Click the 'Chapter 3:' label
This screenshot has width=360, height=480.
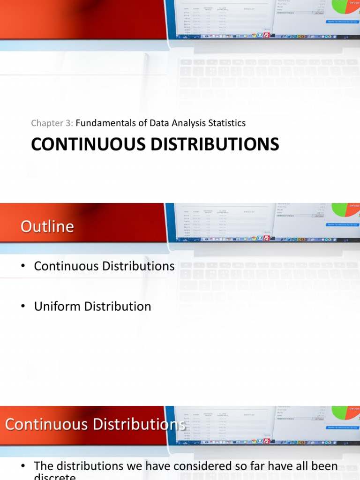pos(52,123)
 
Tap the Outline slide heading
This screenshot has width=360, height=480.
pos(47,226)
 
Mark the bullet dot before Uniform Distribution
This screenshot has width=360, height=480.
pos(22,307)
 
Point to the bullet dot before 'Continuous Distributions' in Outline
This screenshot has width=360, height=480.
pos(22,267)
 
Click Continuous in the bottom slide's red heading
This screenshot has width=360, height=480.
pos(47,424)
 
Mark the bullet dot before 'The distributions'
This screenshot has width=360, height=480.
pos(22,466)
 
